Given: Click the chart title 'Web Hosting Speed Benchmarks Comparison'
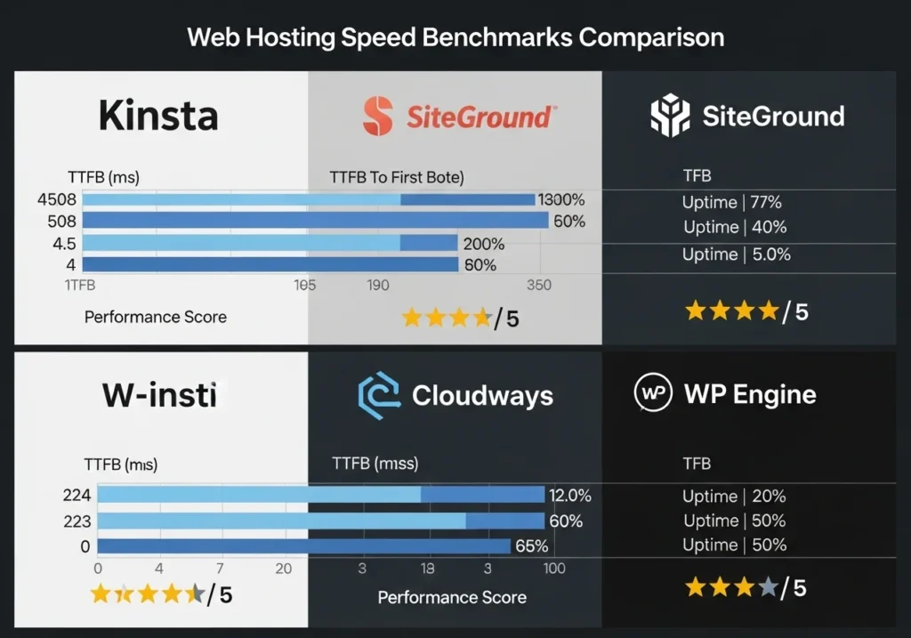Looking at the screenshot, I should click(455, 37).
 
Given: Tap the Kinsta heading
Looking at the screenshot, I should click(157, 116).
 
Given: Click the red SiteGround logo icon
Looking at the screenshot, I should click(378, 116).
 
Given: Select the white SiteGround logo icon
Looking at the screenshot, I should click(670, 116).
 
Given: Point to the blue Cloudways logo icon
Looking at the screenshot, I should click(378, 395).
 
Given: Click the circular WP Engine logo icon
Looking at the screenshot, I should click(653, 394).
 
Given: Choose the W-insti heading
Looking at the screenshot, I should click(159, 395).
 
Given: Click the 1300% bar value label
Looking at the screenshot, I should click(561, 200).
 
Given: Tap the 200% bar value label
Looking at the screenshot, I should click(483, 244).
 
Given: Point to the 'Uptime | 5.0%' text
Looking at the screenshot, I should click(736, 254).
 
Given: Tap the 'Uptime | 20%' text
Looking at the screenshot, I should click(734, 497).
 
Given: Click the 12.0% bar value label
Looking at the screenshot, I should click(570, 496).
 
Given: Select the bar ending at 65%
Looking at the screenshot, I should click(303, 546).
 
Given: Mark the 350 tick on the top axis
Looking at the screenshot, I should click(538, 286).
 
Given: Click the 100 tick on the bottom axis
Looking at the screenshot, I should click(553, 568).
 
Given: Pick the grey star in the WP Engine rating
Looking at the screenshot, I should click(767, 587).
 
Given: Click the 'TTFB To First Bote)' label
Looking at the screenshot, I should click(397, 177).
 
